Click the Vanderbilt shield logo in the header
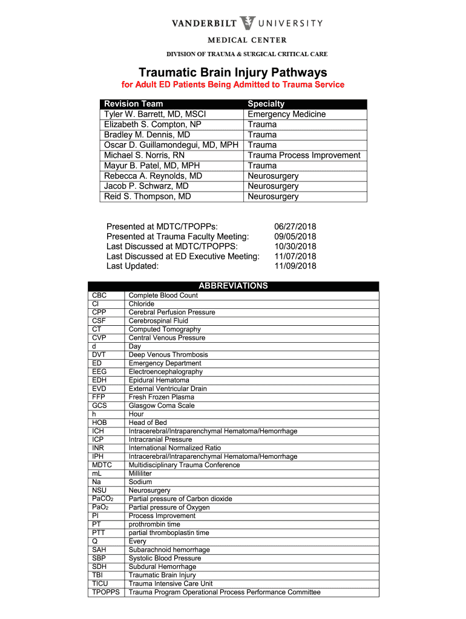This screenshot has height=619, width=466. [x=248, y=24]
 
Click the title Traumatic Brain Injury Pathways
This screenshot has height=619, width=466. [x=233, y=72]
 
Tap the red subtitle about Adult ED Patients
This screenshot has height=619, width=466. [x=233, y=85]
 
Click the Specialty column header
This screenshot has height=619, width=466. [x=266, y=104]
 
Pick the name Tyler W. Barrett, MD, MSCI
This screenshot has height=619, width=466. [x=155, y=114]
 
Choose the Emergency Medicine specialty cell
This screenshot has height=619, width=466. [x=287, y=114]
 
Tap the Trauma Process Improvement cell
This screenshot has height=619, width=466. [x=304, y=155]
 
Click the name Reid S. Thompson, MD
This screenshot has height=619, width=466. [x=148, y=196]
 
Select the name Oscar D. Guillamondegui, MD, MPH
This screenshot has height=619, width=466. [x=171, y=145]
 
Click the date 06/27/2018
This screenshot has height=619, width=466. [x=295, y=226]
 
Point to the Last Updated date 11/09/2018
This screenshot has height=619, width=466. [x=295, y=266]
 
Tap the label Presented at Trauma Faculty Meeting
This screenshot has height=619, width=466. [x=178, y=236]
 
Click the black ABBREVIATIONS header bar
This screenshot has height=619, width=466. [x=233, y=286]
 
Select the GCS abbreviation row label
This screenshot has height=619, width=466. [x=100, y=406]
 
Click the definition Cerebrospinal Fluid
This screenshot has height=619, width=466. [x=159, y=321]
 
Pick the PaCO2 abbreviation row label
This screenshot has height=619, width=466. [x=103, y=499]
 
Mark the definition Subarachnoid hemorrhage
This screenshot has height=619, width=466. [x=169, y=550]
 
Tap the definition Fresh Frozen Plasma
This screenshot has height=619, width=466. [x=162, y=397]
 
